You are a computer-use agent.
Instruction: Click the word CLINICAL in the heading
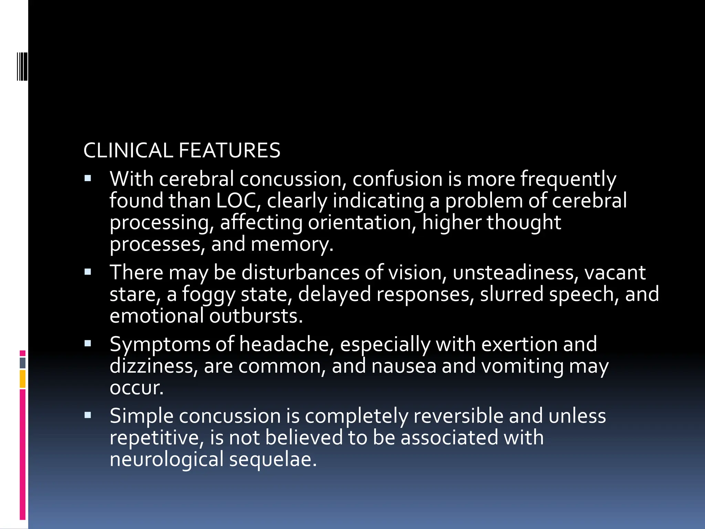coord(128,151)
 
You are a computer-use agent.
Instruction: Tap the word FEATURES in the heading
coord(229,151)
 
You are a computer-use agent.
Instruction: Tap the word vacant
coord(615,272)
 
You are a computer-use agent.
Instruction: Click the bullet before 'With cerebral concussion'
coord(88,179)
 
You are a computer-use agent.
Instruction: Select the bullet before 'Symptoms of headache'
coord(88,343)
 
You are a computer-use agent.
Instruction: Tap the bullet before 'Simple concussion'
coord(88,415)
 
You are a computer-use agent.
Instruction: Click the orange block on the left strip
coord(23,379)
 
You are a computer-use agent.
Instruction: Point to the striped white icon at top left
coord(22,66)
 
